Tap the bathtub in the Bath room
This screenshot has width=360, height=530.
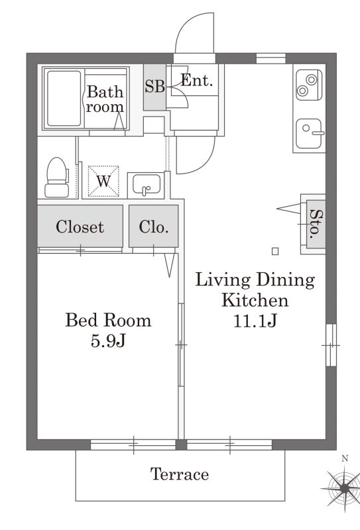[64, 98]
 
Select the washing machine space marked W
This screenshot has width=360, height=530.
[103, 181]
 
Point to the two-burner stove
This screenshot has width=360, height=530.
[308, 85]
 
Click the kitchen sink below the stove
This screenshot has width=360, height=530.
[309, 133]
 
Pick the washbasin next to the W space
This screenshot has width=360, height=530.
[147, 184]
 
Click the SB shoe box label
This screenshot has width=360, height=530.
[154, 86]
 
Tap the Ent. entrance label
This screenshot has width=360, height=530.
[197, 80]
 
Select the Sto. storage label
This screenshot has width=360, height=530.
[316, 223]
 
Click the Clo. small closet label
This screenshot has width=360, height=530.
[154, 227]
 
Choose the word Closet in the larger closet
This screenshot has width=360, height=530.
[80, 227]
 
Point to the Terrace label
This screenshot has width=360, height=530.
[179, 474]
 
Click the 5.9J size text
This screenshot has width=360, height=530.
[108, 341]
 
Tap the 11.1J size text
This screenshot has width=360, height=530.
[255, 321]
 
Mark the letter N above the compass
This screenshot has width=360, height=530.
[345, 458]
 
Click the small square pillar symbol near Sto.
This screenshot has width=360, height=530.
[275, 251]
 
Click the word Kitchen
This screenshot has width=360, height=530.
[255, 300]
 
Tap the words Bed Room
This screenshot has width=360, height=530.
[108, 320]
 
